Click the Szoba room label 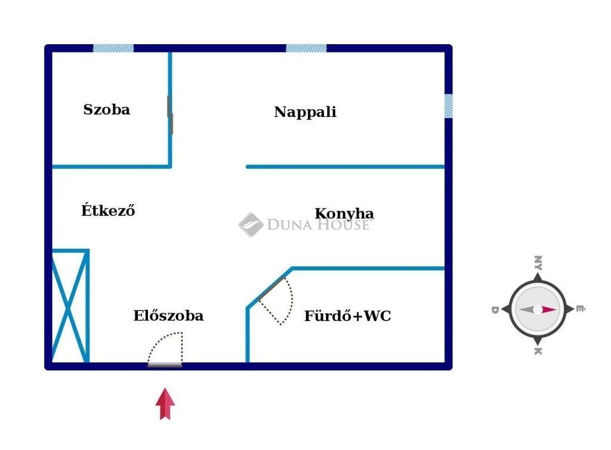click(106, 109)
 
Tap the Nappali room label click(305, 112)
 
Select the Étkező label click(108, 210)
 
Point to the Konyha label click(344, 214)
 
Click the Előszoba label click(168, 315)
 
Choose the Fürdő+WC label click(348, 316)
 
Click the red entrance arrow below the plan click(165, 403)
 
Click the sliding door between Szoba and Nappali click(170, 115)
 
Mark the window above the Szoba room click(113, 48)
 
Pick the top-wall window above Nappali click(306, 48)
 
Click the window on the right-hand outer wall click(449, 106)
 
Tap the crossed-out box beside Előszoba click(69, 306)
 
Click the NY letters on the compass click(538, 263)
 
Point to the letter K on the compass click(538, 352)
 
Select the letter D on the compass click(495, 310)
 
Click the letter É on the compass click(580, 309)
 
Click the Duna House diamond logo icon click(251, 225)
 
